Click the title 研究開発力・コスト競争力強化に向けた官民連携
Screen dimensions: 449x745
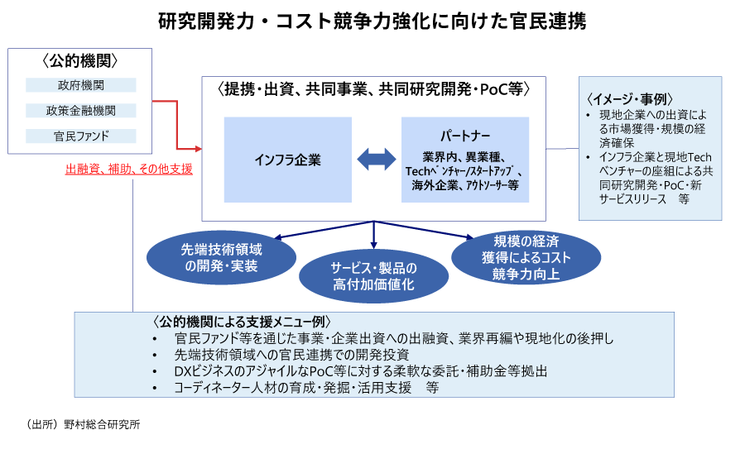372,22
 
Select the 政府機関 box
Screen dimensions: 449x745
79,84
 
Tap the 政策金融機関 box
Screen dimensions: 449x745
79,110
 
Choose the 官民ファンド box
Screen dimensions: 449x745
79,135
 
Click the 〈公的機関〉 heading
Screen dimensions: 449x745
79,60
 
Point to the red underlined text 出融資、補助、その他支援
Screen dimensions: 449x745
128,169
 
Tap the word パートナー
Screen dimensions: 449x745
464,134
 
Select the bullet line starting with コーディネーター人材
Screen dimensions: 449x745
306,387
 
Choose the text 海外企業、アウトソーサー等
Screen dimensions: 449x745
464,187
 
